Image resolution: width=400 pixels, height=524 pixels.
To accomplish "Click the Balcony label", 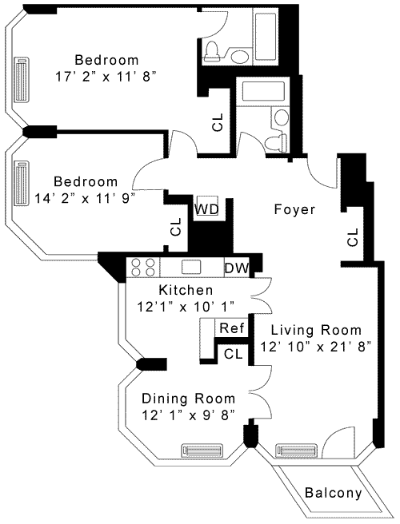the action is (x=334, y=493).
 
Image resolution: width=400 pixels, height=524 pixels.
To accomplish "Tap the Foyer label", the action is (x=294, y=209).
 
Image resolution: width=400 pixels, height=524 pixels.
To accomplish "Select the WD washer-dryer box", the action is (x=207, y=205).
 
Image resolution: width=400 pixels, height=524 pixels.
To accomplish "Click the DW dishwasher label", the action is (x=237, y=268).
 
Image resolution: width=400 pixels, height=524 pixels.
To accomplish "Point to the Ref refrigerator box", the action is (x=232, y=327).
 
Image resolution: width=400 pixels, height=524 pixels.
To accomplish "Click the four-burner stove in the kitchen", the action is (x=143, y=267).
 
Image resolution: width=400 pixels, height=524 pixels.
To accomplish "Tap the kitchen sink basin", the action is (x=191, y=267).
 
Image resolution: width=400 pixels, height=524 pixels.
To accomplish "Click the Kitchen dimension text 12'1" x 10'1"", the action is (x=186, y=307).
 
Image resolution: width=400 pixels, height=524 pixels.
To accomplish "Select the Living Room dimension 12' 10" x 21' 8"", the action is (x=316, y=347).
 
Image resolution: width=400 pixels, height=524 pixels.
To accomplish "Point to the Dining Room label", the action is (x=189, y=399).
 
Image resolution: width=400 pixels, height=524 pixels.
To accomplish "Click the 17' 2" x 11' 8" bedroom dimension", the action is (x=106, y=77).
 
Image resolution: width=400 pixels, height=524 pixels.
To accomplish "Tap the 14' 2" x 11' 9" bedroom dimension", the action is (x=85, y=199).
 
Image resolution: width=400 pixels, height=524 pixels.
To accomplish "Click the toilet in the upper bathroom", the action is (x=211, y=51).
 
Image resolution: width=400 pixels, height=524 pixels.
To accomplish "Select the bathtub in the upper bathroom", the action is (x=266, y=36).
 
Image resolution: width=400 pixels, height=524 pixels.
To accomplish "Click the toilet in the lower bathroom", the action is (x=275, y=141).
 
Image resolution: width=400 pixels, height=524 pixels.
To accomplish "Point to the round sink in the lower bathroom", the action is (x=281, y=117).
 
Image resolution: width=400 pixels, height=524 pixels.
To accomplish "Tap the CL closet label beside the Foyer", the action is (x=353, y=237).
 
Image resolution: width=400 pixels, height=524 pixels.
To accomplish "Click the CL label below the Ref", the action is (x=233, y=354).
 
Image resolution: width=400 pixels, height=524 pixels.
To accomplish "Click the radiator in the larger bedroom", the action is (x=22, y=80).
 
